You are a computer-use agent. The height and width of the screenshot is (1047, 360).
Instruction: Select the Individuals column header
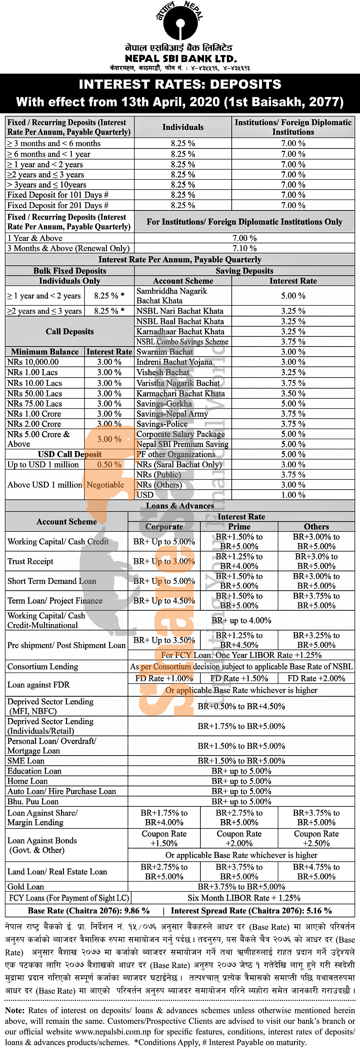click(x=183, y=127)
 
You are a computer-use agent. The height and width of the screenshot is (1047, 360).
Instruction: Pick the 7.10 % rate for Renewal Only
click(x=244, y=248)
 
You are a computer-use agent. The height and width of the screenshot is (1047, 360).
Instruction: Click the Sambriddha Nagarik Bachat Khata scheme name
click(x=172, y=296)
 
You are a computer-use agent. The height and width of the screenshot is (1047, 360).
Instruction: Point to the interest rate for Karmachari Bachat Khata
click(x=293, y=394)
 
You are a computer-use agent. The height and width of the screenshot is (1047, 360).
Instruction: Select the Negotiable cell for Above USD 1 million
click(x=105, y=485)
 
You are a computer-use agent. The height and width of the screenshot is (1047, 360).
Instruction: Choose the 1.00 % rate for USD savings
click(x=293, y=495)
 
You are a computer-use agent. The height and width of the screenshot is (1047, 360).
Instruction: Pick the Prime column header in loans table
click(x=239, y=527)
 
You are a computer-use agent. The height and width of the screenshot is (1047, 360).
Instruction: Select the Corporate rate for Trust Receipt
click(x=164, y=561)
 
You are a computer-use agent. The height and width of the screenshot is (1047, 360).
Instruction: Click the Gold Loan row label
click(x=26, y=887)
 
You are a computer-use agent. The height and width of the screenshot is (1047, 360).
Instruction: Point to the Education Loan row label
click(x=35, y=771)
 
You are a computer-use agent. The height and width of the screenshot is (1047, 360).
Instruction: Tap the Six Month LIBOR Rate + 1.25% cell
click(x=244, y=898)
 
